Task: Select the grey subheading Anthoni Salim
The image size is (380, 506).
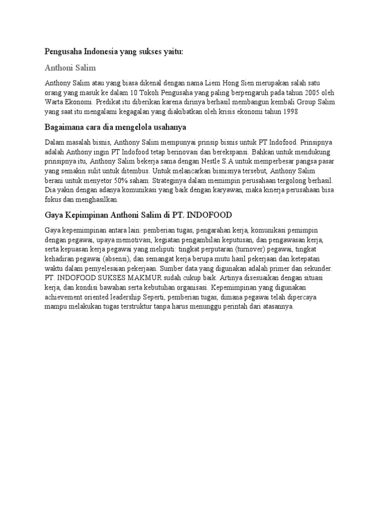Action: coord(70,68)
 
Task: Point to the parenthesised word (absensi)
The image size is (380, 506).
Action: coord(114,259)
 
